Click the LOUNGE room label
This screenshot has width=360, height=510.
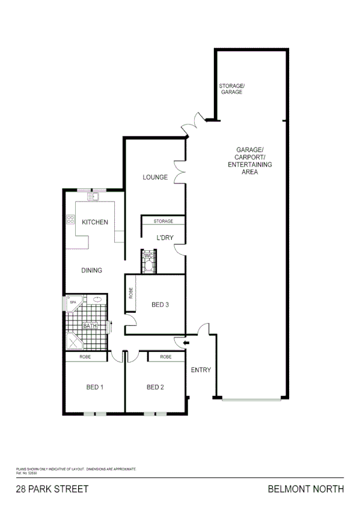coord(155,177)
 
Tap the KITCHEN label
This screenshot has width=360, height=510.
coord(95,222)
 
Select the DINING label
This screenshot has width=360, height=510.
coord(92,270)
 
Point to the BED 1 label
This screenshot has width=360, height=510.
coord(95,387)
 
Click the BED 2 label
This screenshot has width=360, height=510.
coord(155,387)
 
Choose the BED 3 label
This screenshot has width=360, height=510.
coord(160,305)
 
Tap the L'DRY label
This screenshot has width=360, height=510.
coord(165,238)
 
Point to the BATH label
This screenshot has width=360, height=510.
coord(90,326)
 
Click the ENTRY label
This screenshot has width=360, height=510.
coord(201,370)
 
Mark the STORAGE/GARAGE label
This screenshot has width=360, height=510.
coord(231,89)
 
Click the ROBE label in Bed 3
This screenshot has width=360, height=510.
coord(131,293)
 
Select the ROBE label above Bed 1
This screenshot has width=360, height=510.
coord(85,357)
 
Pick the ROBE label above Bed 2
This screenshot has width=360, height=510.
coord(166,357)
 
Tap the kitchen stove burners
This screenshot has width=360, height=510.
coord(71,220)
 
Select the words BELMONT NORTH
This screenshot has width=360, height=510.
coord(306,489)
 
